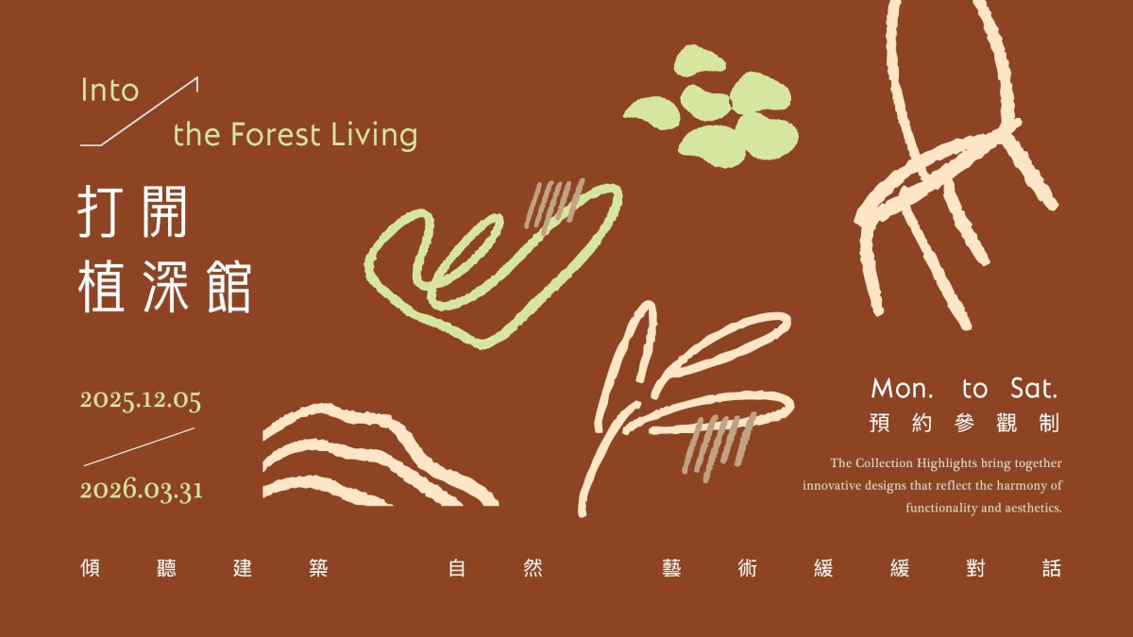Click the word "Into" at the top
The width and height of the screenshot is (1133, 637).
(x=110, y=91)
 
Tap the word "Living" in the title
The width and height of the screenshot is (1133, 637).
(x=374, y=136)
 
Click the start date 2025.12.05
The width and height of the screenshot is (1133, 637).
(x=141, y=400)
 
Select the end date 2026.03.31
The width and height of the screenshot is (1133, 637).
(x=142, y=491)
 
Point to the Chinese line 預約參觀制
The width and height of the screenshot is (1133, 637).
(x=964, y=425)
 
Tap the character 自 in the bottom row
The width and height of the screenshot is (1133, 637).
(x=457, y=569)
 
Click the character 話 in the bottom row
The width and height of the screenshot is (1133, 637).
(x=1051, y=569)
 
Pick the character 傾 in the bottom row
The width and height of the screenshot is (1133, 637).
(x=92, y=569)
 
